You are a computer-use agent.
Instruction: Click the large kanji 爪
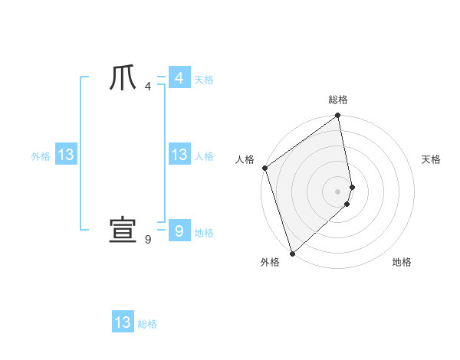[x=123, y=78]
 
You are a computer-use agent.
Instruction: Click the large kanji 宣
[x=123, y=230]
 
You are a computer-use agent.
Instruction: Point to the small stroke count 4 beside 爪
[x=147, y=87]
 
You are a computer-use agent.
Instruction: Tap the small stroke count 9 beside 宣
[x=147, y=240]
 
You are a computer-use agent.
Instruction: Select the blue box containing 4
[x=179, y=78]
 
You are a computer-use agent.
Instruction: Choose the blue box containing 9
[x=179, y=230]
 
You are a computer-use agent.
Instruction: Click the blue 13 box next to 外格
[x=65, y=155]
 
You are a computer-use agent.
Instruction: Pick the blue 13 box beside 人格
[x=179, y=155]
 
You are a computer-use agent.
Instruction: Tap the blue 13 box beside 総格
[x=123, y=322]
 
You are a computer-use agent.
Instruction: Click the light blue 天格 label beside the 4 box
[x=204, y=80]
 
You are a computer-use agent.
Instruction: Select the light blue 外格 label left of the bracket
[x=41, y=156]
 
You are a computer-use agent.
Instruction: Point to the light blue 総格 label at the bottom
[x=147, y=324]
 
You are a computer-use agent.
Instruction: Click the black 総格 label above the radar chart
[x=338, y=100]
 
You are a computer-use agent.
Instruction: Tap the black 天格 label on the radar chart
[x=431, y=159]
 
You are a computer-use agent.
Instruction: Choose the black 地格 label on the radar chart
[x=402, y=263]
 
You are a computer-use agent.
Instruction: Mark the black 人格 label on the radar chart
[x=245, y=159]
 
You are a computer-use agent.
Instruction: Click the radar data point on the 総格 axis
[x=338, y=116]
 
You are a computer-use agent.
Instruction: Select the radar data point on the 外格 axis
[x=292, y=253]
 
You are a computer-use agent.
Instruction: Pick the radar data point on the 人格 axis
[x=264, y=168]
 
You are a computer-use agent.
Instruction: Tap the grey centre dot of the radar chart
[x=338, y=191]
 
